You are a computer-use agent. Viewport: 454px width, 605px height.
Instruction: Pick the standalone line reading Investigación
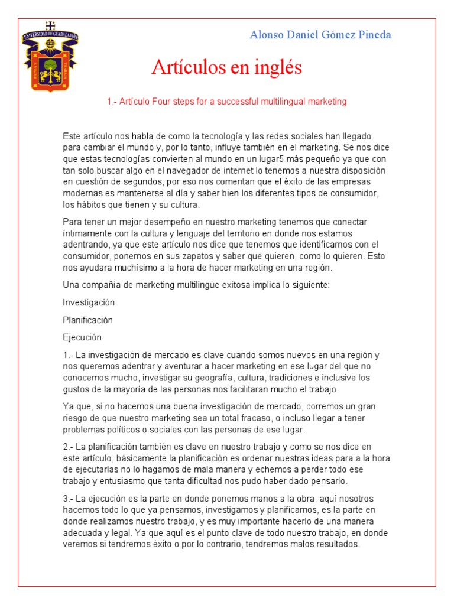coord(89,302)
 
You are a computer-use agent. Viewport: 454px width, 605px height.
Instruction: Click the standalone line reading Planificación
coord(87,320)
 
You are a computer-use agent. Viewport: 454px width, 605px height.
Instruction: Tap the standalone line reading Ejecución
coord(82,337)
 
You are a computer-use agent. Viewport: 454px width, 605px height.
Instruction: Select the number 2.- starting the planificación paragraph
coord(68,447)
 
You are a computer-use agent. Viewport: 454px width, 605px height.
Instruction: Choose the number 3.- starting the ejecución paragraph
coord(68,499)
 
